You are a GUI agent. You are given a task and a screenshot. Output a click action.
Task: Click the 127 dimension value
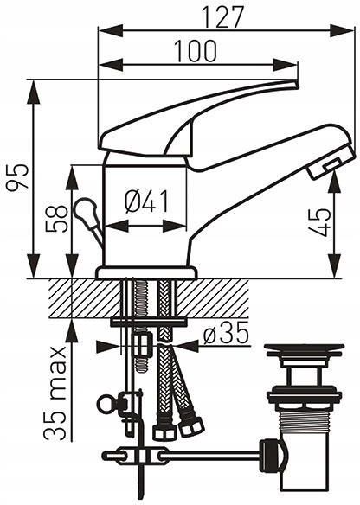point(222,16)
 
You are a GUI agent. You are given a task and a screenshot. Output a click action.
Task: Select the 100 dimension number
point(196,51)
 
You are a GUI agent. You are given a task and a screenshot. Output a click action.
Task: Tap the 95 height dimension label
point(18,177)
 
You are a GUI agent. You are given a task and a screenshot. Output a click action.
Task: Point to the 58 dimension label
point(57,219)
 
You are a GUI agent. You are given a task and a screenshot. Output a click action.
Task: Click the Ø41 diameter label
point(146,201)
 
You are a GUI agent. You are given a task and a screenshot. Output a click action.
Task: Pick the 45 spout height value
point(319,222)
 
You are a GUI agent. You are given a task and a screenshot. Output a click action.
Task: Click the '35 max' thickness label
point(55,393)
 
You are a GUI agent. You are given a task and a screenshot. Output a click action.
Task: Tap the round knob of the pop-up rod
point(85,210)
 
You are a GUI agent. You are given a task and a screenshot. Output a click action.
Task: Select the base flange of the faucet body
point(146,272)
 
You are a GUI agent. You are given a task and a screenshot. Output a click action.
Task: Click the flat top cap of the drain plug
point(303,348)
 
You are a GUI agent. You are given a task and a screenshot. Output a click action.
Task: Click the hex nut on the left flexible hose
point(164,431)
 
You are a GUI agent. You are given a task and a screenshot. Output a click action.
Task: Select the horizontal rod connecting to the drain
point(209,456)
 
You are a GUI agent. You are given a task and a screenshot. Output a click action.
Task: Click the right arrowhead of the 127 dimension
point(343,31)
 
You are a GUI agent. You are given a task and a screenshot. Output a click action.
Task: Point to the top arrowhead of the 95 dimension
point(34,92)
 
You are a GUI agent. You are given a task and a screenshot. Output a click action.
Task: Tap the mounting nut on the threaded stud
point(142,344)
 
